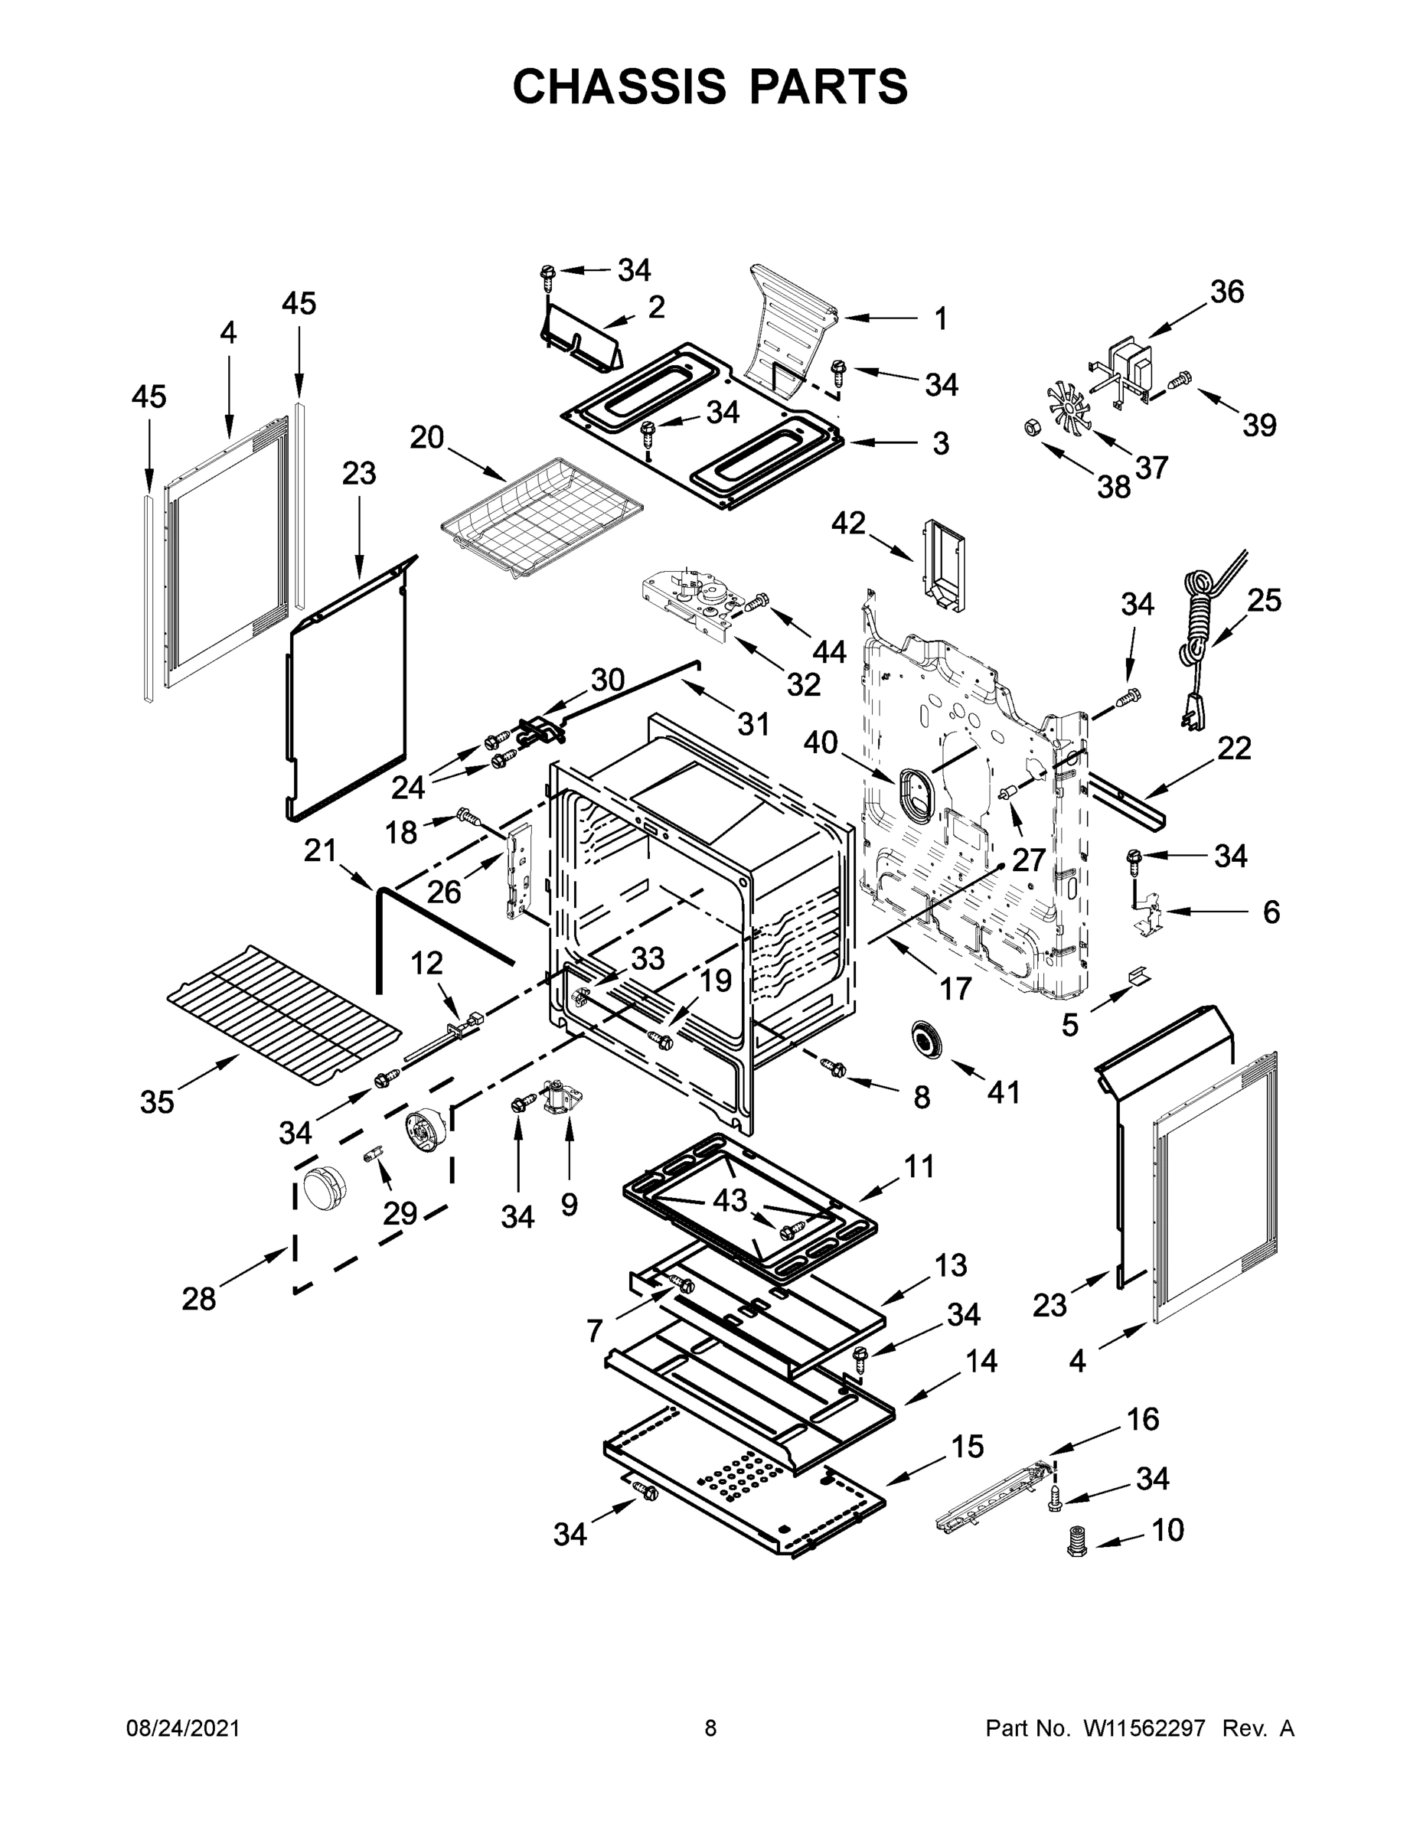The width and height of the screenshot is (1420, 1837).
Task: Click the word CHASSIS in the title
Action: pos(619,86)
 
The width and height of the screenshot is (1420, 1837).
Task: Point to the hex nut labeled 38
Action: pos(1029,428)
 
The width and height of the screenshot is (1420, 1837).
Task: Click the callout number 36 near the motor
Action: pos(1226,292)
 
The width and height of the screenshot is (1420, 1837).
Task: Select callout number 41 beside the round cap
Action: pos(1003,1091)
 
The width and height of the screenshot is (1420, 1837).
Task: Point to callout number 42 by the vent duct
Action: pos(848,524)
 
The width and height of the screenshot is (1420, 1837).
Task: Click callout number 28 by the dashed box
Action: pos(198,1300)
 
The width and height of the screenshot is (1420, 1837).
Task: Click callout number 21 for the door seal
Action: pos(321,851)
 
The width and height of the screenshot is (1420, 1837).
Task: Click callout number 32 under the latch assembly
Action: pos(803,685)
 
